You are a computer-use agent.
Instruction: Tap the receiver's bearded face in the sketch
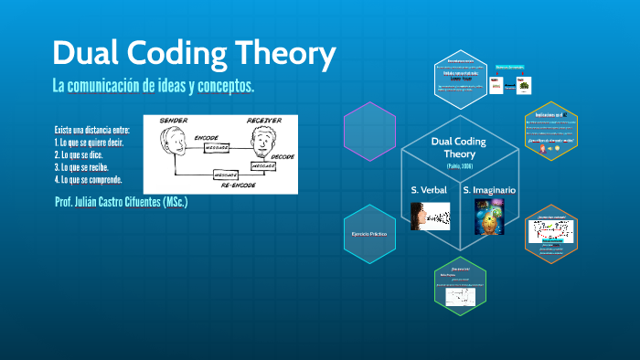pyautogui.click(x=264, y=143)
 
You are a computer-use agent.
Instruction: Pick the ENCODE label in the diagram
pyautogui.click(x=208, y=136)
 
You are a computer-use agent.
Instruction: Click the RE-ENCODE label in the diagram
pyautogui.click(x=237, y=185)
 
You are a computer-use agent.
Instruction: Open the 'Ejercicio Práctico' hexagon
pyautogui.click(x=369, y=235)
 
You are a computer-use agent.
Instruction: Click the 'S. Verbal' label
pyautogui.click(x=429, y=189)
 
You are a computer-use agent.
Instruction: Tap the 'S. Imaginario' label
pyautogui.click(x=489, y=189)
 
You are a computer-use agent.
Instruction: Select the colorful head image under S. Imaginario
pyautogui.click(x=489, y=217)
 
